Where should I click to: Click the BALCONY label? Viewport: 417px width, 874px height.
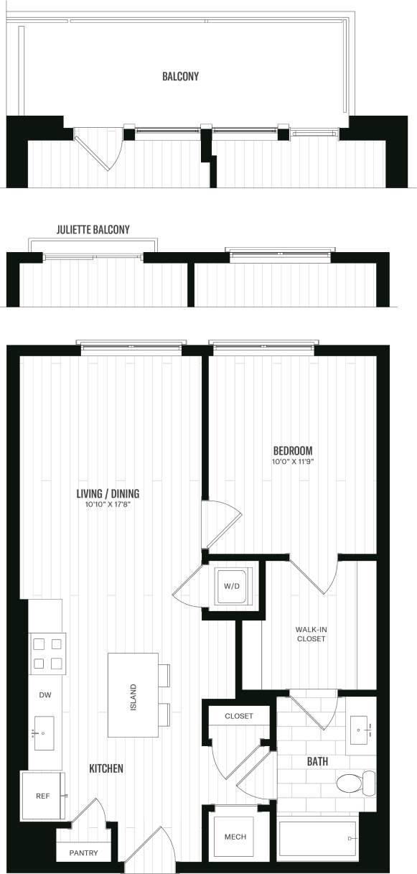tap(180, 76)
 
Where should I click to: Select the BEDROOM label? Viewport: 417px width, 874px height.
tap(293, 450)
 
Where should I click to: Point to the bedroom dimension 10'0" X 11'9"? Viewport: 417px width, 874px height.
tap(293, 461)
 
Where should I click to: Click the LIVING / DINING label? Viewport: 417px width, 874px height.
tap(108, 493)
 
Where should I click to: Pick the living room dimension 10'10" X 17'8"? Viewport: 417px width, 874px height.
tap(108, 505)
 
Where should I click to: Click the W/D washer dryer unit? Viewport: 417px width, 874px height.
tap(233, 586)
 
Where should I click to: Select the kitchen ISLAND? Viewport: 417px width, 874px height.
tap(133, 694)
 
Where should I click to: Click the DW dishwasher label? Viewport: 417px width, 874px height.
tap(45, 695)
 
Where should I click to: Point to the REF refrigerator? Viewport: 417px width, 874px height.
tap(42, 796)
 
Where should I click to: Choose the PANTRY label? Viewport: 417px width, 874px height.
tap(84, 853)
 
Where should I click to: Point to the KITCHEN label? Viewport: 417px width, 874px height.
tap(106, 768)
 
